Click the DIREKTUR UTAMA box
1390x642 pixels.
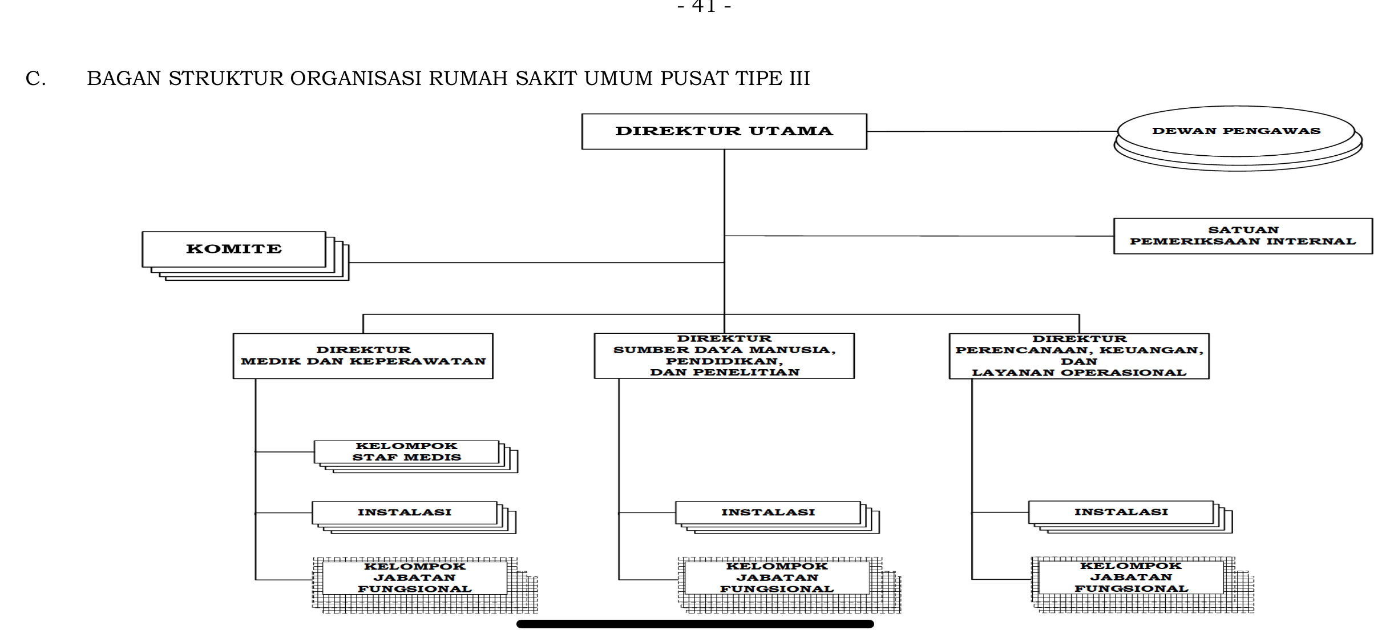(724, 131)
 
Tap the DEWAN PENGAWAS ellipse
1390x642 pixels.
(1236, 131)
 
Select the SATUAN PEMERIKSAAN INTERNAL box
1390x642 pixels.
(1243, 236)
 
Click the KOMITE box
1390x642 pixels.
(234, 249)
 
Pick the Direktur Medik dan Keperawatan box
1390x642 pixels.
(363, 356)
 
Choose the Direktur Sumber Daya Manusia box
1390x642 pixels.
(724, 356)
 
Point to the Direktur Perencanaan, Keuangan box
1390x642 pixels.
(1079, 356)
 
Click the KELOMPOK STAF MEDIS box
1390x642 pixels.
(406, 452)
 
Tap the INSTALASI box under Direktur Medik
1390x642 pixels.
(405, 512)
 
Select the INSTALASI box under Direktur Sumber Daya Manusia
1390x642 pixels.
(768, 512)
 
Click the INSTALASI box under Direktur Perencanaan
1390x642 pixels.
(1121, 512)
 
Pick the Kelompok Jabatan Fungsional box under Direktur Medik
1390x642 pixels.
(415, 578)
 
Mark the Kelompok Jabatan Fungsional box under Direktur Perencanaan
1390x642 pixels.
(1131, 578)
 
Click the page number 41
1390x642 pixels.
(704, 6)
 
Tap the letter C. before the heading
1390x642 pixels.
(35, 79)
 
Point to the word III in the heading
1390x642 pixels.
(799, 79)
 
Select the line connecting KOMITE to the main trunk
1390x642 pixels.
(536, 263)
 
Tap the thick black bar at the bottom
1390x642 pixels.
(695, 624)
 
